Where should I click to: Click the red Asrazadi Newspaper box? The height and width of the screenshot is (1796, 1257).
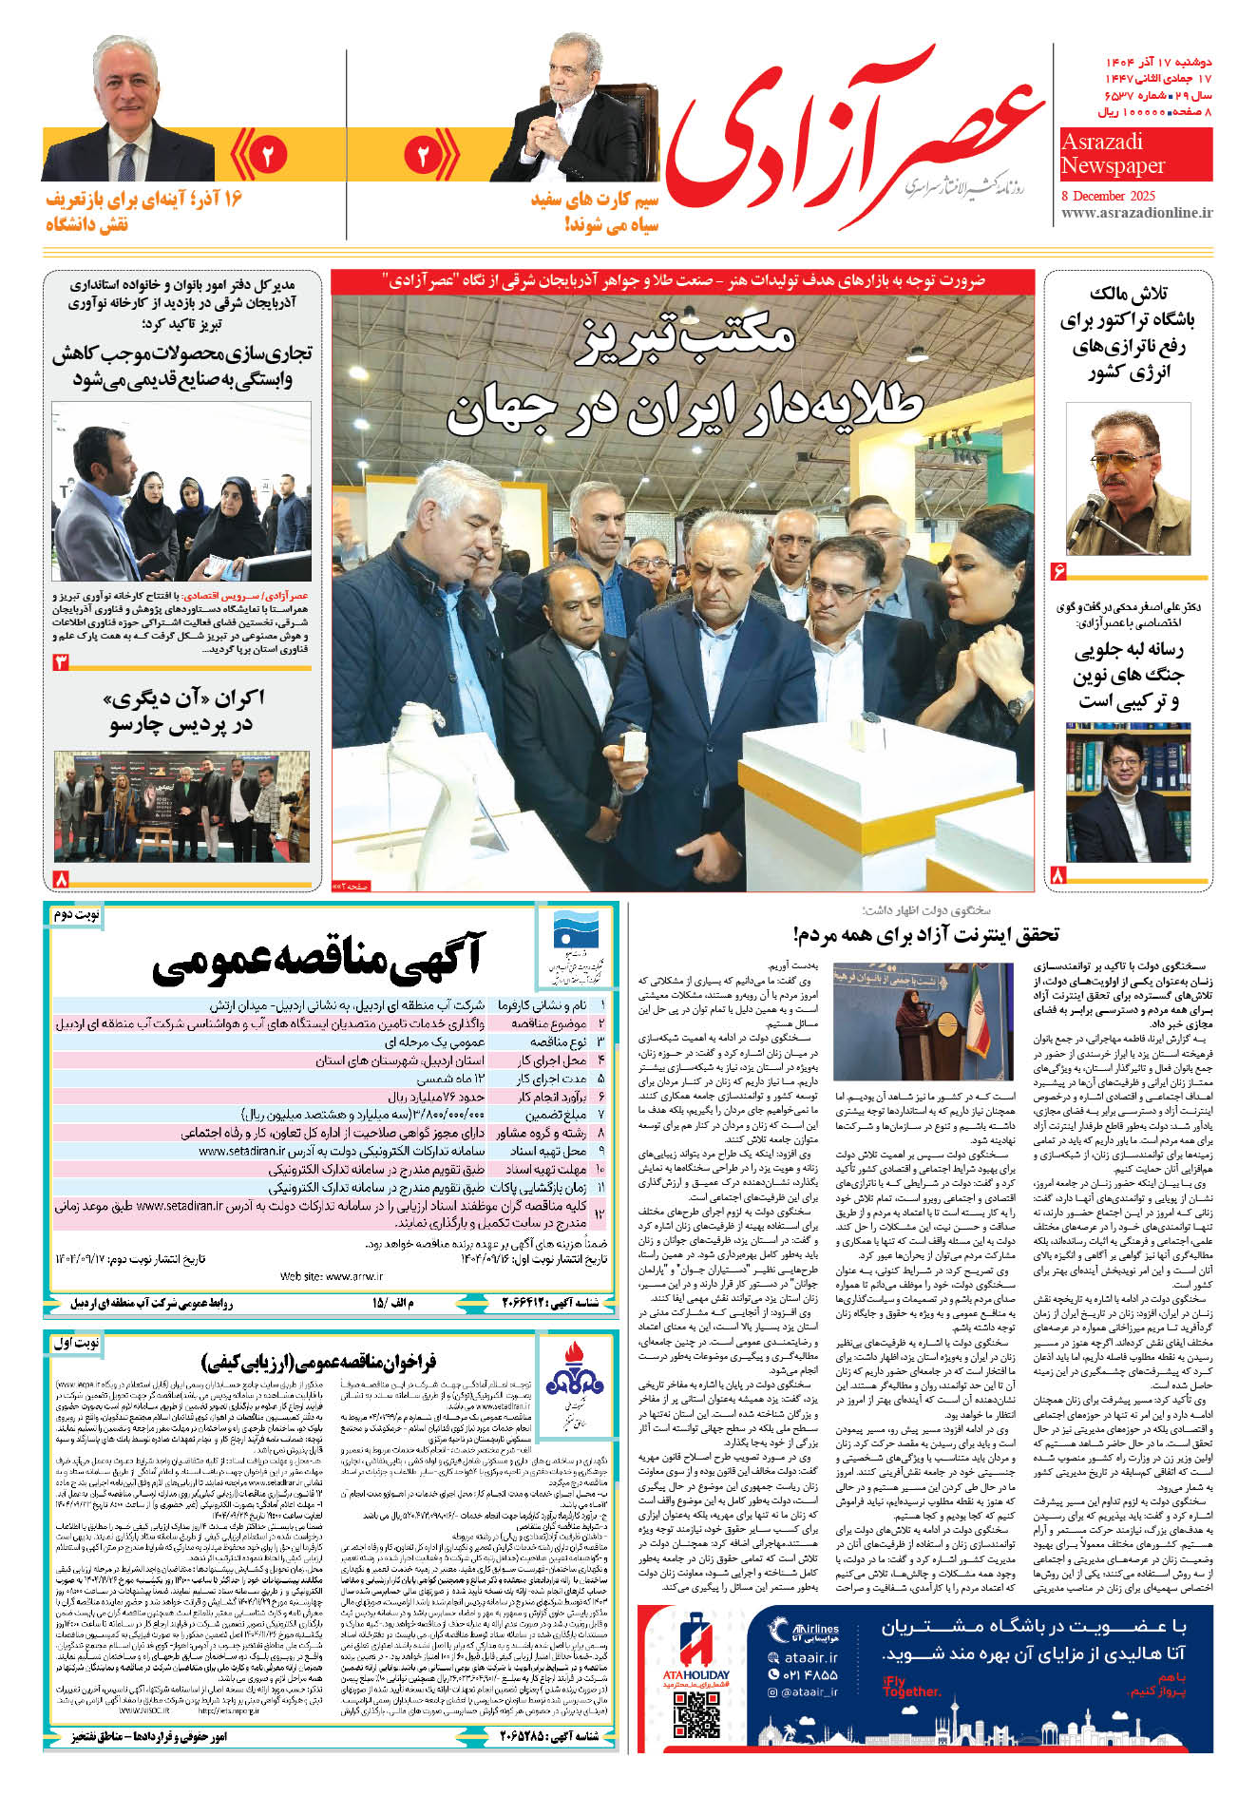coord(1135,154)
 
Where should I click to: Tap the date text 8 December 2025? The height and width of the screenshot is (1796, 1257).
coord(1108,195)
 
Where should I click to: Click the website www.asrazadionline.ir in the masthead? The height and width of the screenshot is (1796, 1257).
coord(1135,213)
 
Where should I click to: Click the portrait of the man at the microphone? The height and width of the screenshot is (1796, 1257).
coord(1128,480)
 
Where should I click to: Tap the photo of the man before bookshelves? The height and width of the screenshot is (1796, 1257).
coord(1128,793)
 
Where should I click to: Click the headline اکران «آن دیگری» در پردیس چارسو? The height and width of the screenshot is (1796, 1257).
coord(181,712)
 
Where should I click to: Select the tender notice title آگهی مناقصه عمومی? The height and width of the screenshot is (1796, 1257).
coord(318,960)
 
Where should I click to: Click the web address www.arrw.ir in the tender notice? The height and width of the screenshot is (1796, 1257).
coord(332,1276)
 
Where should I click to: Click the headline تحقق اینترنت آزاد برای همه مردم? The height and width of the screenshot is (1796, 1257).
coord(926,935)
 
